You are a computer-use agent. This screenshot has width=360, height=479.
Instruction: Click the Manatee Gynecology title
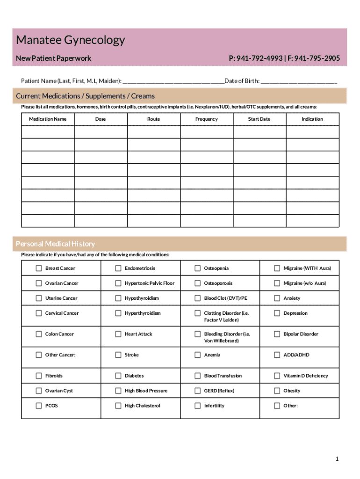(71, 40)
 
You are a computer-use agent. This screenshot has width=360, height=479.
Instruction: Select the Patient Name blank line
(173, 81)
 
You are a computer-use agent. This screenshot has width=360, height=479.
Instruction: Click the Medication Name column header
(48, 119)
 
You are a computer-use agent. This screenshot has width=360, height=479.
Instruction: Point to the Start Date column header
(259, 119)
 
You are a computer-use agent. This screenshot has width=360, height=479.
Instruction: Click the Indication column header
(312, 119)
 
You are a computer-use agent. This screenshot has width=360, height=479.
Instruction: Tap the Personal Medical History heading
(55, 244)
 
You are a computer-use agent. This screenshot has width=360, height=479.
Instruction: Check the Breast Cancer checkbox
(39, 268)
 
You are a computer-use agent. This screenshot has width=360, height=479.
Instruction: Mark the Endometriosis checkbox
(118, 268)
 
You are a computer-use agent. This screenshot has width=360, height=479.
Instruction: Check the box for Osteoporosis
(198, 283)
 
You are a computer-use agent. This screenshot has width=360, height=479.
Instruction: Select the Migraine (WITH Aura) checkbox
(277, 268)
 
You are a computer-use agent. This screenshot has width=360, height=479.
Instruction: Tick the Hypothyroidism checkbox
(118, 298)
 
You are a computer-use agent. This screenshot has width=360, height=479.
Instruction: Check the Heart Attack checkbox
(118, 334)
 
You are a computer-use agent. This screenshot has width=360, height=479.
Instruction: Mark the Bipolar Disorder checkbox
(277, 334)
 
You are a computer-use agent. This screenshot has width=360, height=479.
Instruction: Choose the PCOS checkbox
(39, 406)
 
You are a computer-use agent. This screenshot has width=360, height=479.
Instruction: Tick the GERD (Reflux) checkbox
(198, 391)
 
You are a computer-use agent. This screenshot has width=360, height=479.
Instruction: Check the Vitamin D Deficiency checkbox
(277, 376)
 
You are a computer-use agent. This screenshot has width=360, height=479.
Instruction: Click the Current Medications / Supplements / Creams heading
(85, 96)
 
